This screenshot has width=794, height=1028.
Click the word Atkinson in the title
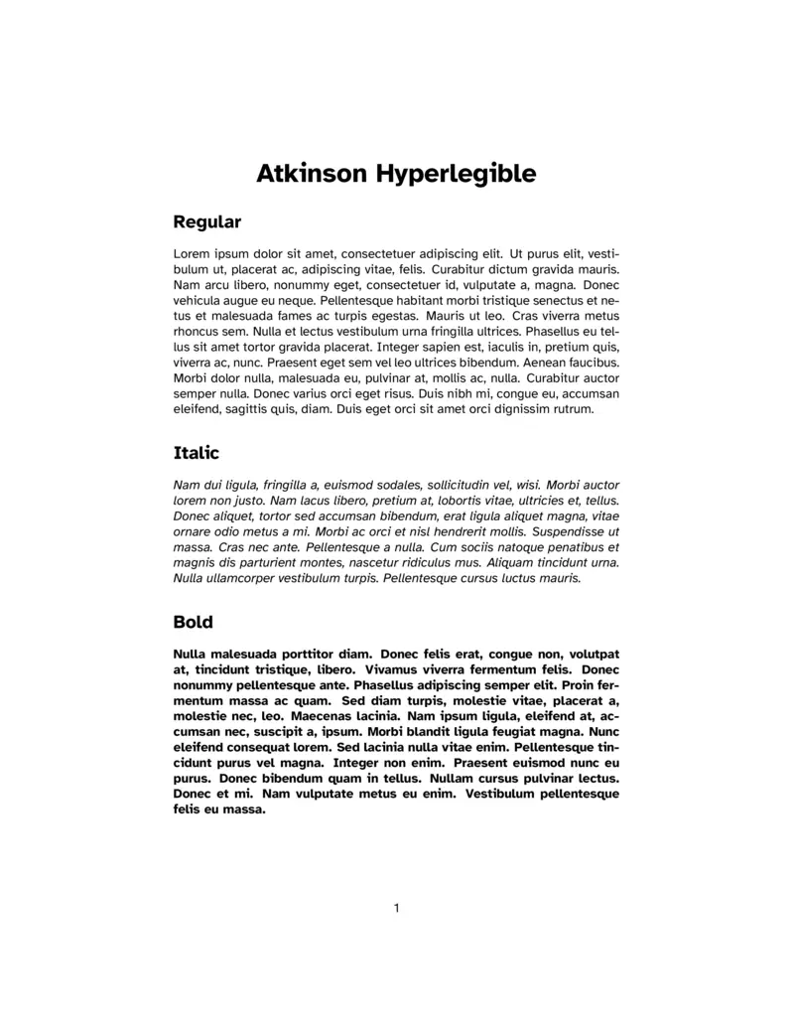click(312, 174)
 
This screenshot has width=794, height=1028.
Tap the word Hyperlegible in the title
click(456, 175)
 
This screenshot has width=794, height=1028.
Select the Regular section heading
click(206, 221)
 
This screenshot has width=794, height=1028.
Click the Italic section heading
click(196, 453)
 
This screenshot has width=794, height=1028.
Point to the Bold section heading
click(193, 622)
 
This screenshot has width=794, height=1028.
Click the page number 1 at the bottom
click(397, 907)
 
